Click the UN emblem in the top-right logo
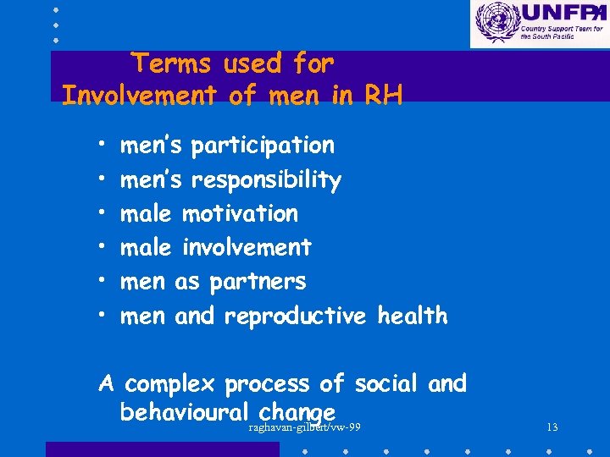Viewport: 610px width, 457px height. click(495, 22)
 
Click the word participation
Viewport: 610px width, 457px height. click(263, 146)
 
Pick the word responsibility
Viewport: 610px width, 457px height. click(266, 180)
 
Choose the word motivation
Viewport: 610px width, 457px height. click(241, 213)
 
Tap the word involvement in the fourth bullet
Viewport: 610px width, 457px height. click(247, 247)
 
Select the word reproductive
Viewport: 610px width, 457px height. click(295, 316)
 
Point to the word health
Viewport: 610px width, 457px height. click(413, 316)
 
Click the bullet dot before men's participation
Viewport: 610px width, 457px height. click(100, 146)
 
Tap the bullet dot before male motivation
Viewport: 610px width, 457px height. click(100, 214)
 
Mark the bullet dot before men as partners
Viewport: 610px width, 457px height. click(100, 282)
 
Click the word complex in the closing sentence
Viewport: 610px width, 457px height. click(170, 384)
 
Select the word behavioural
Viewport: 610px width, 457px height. click(183, 411)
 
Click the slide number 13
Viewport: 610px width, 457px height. click(552, 427)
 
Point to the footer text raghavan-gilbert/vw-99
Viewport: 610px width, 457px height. click(305, 427)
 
